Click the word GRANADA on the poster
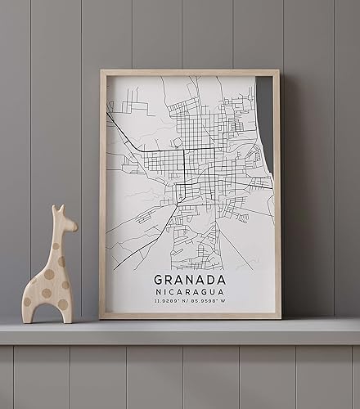tap(190, 278)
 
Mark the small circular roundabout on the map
tap(177, 142)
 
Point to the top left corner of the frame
tap(102, 72)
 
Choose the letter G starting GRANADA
tap(160, 278)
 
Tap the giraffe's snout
tap(73, 225)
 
